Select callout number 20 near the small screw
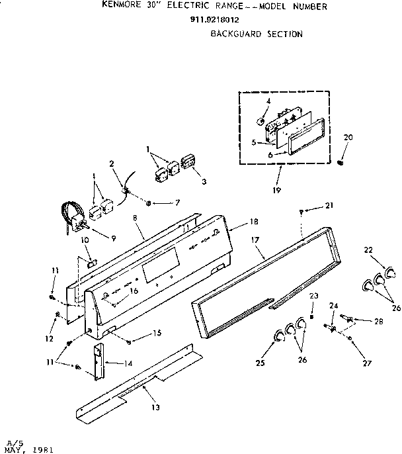tap(348, 137)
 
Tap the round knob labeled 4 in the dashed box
tap(261, 122)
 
